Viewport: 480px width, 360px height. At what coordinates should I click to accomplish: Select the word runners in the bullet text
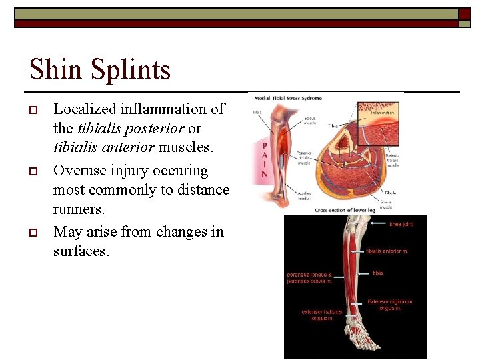(77, 209)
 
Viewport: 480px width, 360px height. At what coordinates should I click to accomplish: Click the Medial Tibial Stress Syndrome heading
(287, 98)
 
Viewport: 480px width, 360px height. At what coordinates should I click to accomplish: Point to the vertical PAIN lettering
(265, 160)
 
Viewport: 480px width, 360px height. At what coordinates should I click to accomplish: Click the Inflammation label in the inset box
(382, 113)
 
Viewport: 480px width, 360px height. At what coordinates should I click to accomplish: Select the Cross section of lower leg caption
(345, 209)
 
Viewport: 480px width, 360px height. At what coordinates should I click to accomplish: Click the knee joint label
(401, 225)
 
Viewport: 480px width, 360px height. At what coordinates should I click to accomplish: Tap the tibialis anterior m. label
(387, 251)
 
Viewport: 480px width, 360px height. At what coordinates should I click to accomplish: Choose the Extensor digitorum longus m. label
(389, 305)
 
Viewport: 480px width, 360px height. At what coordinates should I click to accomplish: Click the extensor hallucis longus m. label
(322, 315)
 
